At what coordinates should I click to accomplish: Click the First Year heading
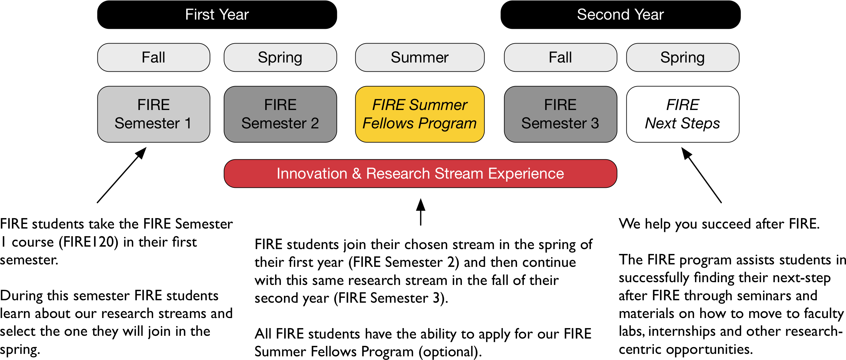tap(217, 14)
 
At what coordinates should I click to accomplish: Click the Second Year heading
tap(620, 14)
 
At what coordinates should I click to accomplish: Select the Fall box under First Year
tap(153, 58)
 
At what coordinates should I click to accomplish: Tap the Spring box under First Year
tap(280, 58)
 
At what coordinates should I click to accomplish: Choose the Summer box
tap(419, 58)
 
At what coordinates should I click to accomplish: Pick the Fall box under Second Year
tap(560, 58)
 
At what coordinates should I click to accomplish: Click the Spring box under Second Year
tap(682, 58)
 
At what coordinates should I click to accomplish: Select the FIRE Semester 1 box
tap(153, 114)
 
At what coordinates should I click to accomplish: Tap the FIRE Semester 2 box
tap(280, 114)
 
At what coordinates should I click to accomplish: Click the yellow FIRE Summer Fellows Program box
tap(419, 114)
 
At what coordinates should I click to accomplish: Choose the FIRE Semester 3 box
tap(560, 114)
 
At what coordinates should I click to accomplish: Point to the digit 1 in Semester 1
tap(188, 123)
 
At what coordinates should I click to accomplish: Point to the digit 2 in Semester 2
tap(315, 123)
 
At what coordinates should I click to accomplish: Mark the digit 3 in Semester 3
tap(595, 123)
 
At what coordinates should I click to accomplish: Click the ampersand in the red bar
tap(357, 173)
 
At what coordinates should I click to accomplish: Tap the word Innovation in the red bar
tap(312, 173)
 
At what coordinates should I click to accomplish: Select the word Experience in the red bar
tap(526, 173)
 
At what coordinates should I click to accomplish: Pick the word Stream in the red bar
tap(459, 173)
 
